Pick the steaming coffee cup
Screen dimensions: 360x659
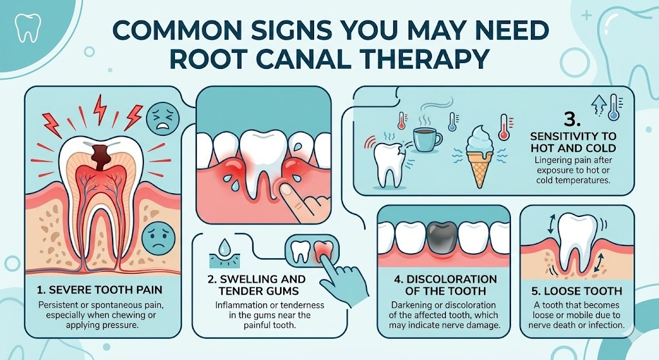[x=425, y=139]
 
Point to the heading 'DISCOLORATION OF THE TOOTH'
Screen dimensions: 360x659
[x=443, y=285]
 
